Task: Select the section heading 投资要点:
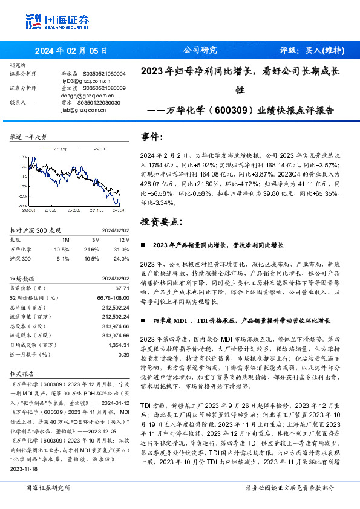[160, 222]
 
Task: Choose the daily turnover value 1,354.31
[116, 345]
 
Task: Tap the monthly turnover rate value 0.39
[123, 354]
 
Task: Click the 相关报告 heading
[23, 374]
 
